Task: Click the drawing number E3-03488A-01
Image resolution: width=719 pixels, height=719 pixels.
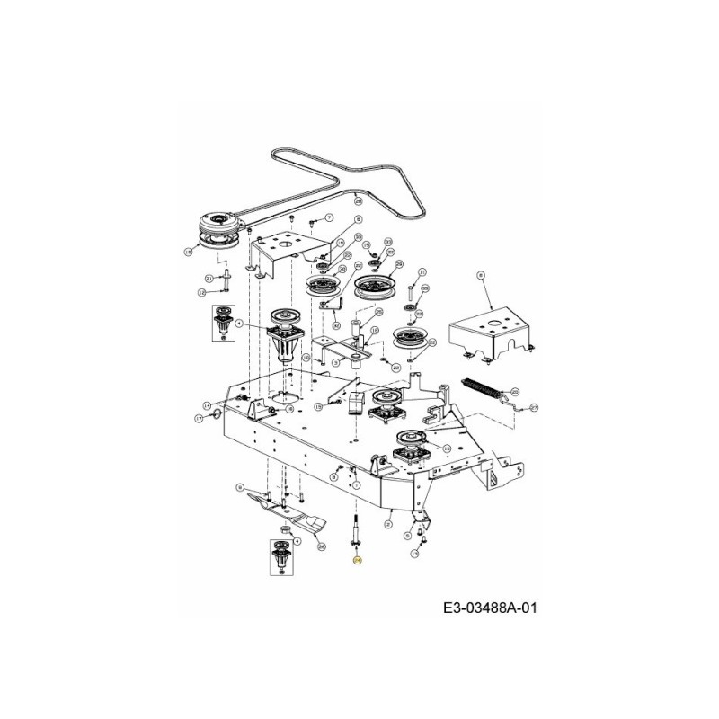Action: [x=490, y=608]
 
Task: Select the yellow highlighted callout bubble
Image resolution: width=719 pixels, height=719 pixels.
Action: [x=357, y=560]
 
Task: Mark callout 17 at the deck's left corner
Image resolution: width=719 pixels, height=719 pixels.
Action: [x=200, y=418]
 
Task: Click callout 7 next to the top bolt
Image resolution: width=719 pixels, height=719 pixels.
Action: [x=329, y=217]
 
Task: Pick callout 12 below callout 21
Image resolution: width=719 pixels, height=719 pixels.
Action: [x=202, y=292]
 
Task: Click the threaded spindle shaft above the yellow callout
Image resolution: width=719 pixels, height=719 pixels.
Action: [x=357, y=531]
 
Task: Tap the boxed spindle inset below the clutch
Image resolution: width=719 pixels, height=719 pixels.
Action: [x=223, y=323]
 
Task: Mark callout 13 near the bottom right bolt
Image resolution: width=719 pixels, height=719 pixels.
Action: [x=414, y=555]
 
